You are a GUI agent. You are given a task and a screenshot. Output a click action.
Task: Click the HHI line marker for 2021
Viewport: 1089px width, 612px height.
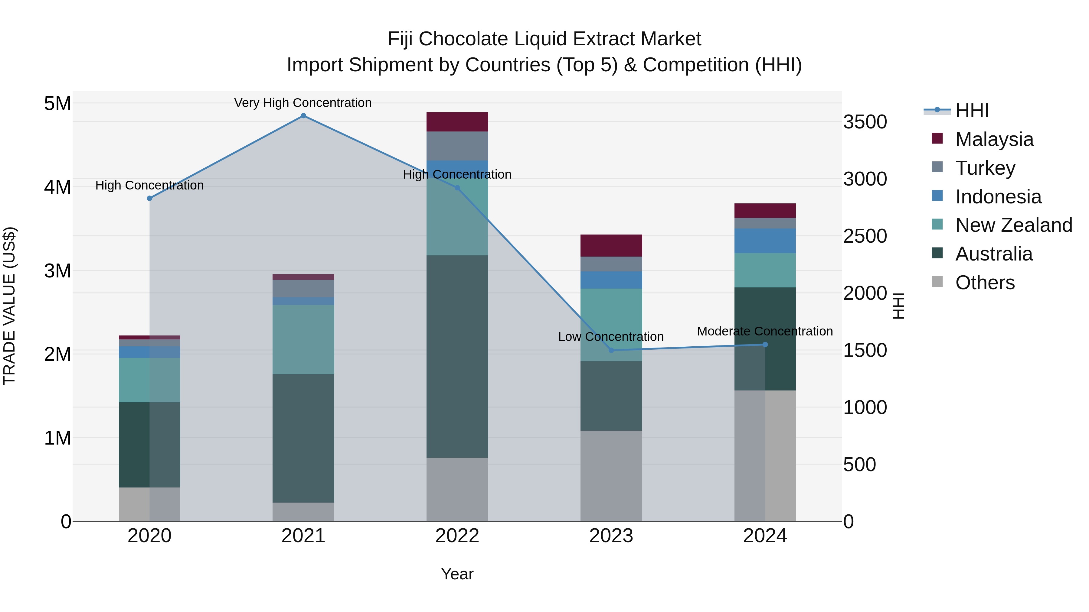click(303, 116)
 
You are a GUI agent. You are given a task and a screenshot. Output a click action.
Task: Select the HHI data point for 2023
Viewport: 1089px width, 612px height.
click(611, 350)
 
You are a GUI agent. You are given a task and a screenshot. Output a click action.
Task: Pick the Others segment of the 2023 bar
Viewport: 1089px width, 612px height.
click(611, 476)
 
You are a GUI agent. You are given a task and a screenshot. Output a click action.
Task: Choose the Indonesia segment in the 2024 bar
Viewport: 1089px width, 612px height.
click(765, 241)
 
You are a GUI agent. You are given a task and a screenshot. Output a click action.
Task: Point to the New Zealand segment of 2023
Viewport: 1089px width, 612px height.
click(611, 324)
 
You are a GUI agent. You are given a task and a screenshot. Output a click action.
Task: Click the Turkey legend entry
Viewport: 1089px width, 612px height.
click(985, 168)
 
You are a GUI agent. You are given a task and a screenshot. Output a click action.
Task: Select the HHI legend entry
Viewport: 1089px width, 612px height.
click(971, 111)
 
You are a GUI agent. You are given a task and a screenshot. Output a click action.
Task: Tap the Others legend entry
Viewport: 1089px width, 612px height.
click(985, 283)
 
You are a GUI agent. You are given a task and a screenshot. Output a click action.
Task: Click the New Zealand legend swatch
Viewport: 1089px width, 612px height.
click(937, 225)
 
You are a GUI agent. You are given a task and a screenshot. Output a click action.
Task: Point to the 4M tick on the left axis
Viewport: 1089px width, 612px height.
click(57, 187)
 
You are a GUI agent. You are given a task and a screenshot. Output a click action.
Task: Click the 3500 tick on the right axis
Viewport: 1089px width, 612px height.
click(865, 122)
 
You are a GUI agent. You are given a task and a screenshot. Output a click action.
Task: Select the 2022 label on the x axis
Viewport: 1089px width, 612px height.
click(457, 536)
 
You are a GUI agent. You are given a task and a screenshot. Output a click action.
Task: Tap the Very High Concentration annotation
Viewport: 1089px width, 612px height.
click(303, 103)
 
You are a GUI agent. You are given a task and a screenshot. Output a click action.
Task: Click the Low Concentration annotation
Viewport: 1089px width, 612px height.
click(610, 337)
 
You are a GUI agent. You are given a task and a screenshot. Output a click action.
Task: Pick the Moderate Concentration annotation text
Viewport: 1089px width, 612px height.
click(764, 331)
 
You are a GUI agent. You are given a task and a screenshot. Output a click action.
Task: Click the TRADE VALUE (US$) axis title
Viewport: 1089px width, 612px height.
click(9, 306)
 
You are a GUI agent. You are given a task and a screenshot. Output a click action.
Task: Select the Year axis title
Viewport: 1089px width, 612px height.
click(457, 574)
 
